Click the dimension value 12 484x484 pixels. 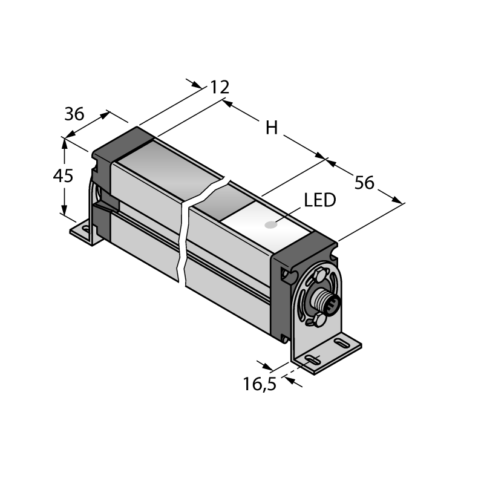(220, 87)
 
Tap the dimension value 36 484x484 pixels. (74, 114)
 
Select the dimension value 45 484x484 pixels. (63, 176)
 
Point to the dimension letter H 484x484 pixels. (272, 128)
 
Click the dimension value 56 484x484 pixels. (364, 183)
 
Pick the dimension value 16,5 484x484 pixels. (260, 384)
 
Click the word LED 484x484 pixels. (320, 200)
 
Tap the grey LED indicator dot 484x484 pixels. (271, 225)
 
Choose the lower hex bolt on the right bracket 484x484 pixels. (319, 320)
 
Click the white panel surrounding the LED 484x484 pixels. (266, 225)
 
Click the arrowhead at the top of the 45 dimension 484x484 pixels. (64, 143)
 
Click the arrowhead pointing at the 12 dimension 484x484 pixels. (197, 85)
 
